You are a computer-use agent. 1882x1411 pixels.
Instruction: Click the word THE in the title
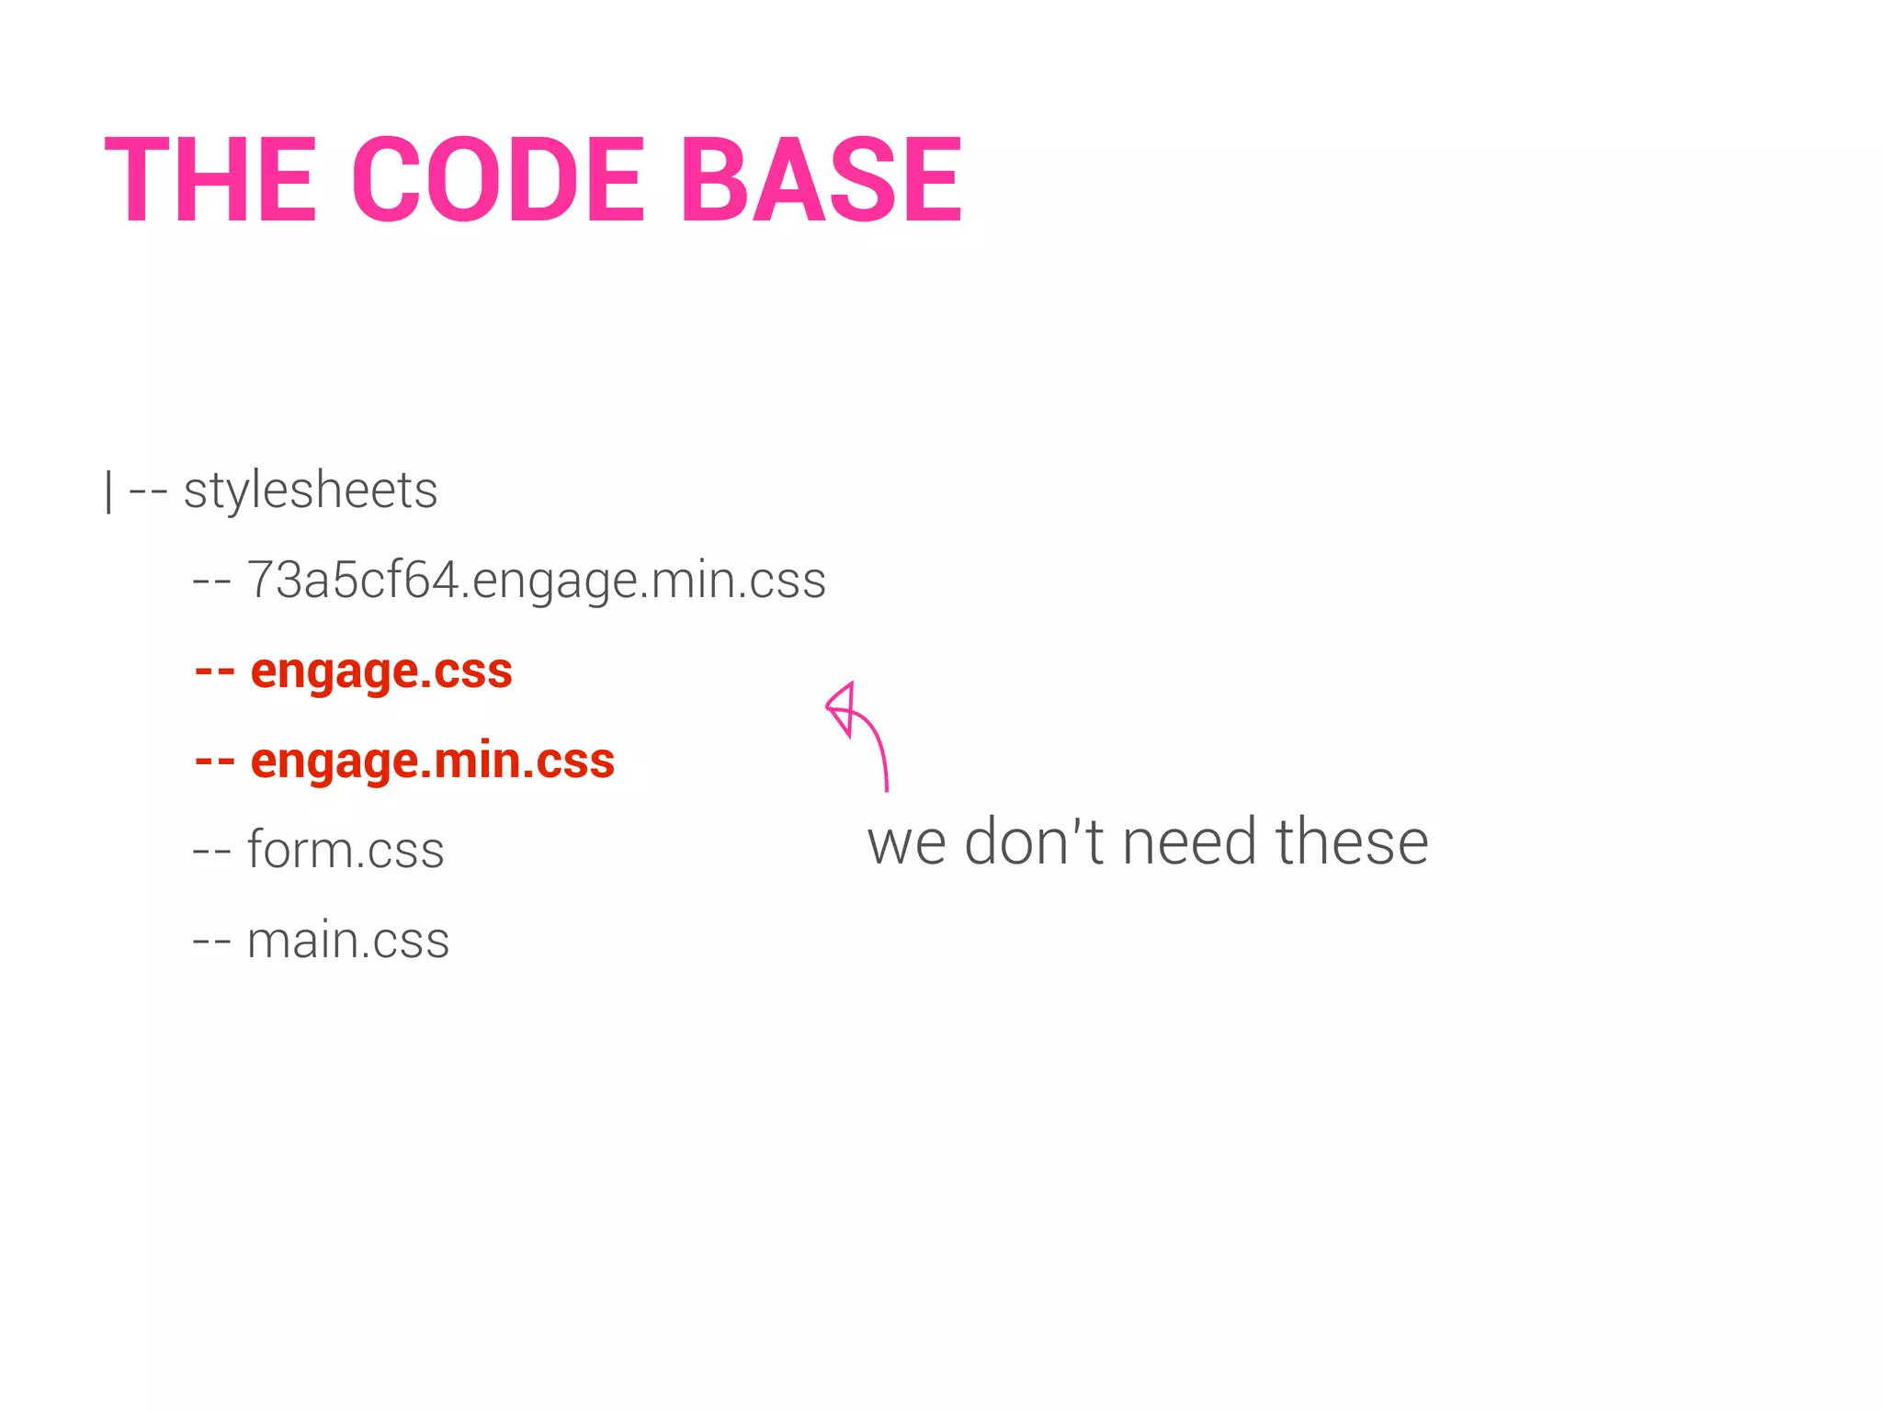tap(210, 180)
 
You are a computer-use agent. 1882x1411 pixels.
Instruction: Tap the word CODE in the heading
tap(498, 180)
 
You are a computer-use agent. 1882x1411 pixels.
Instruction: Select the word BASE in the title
tap(821, 180)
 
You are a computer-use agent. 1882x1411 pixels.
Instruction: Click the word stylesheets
tap(311, 491)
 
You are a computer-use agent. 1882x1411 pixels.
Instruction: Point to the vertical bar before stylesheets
tap(109, 491)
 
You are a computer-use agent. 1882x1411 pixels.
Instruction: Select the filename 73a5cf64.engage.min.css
tap(537, 581)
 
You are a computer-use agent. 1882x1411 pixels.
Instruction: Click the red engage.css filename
tap(381, 671)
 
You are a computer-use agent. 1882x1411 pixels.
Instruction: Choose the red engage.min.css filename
tap(432, 761)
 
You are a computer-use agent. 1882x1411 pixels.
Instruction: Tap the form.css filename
tap(346, 850)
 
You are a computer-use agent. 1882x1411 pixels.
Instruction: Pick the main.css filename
tap(348, 940)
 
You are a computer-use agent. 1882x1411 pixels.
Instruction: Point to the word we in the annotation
tap(906, 843)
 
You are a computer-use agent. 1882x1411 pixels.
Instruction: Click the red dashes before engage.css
tap(214, 672)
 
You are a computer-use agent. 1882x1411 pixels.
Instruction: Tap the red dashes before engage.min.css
tap(214, 762)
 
